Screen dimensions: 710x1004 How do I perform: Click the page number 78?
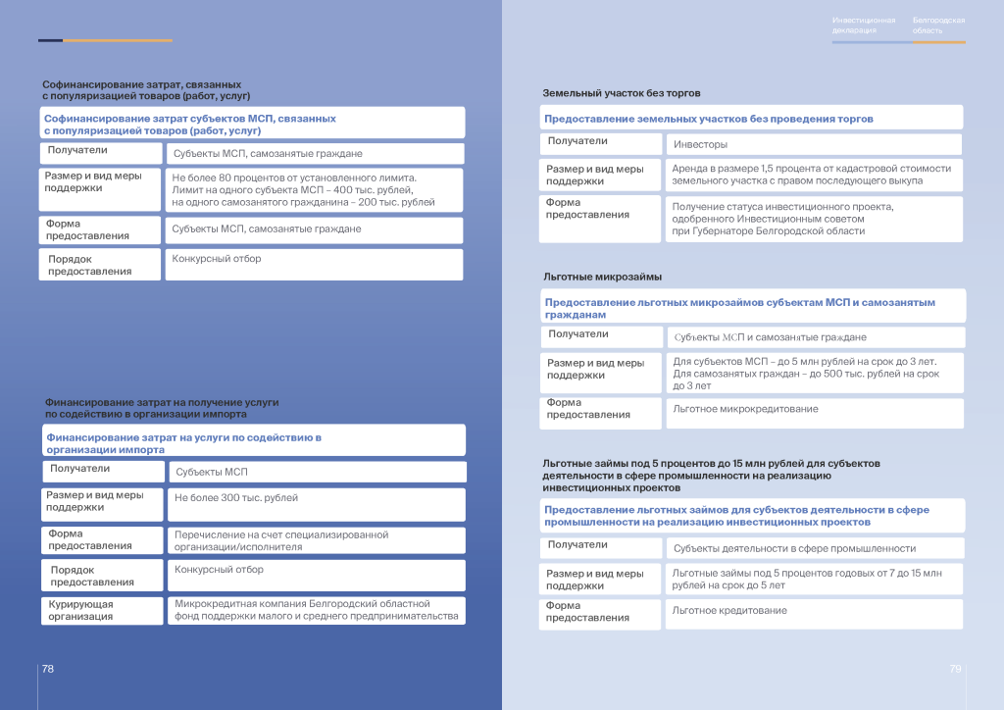click(47, 668)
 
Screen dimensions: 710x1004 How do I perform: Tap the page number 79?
click(955, 668)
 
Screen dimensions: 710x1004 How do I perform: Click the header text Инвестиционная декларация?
click(864, 25)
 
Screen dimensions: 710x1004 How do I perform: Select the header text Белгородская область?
click(938, 25)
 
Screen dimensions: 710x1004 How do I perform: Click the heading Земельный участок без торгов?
click(622, 93)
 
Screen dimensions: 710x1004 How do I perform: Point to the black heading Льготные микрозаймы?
click(602, 277)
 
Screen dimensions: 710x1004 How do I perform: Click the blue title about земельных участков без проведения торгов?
click(709, 119)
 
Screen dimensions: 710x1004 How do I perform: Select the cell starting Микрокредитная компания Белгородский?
click(316, 610)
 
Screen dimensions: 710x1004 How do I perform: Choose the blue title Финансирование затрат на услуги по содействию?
click(183, 443)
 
